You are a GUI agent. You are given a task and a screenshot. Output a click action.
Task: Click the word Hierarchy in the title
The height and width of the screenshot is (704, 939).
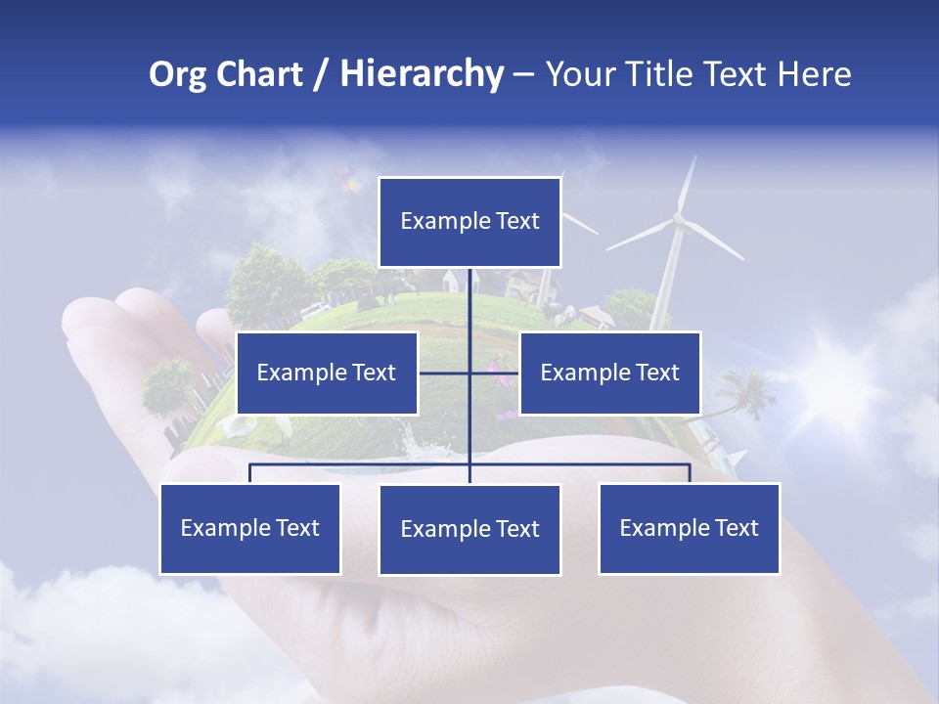coord(422,74)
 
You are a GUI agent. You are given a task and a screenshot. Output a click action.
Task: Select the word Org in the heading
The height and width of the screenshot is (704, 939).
coord(176,74)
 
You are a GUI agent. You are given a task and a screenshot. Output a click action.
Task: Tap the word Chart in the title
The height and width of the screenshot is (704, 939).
coord(254,74)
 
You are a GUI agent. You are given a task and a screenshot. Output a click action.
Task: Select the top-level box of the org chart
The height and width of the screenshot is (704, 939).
coord(469,222)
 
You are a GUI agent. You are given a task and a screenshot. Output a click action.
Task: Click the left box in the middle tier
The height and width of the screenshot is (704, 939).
coord(327,373)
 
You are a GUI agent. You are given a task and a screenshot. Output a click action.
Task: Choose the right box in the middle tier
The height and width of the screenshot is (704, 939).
coord(609,373)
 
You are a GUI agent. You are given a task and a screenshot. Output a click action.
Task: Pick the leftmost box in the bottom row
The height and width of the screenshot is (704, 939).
coord(250,528)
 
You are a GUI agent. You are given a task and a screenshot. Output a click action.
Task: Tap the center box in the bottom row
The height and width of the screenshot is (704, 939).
coord(469,529)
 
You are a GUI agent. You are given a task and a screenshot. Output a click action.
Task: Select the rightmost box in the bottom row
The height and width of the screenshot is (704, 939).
coord(690,528)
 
